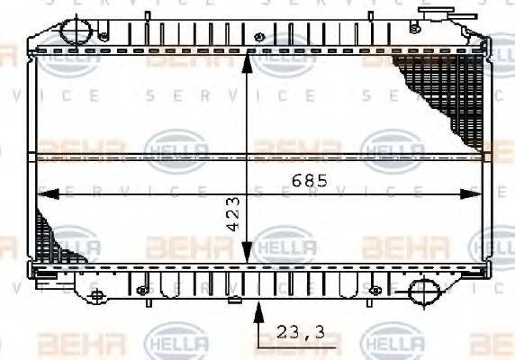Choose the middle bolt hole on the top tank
[260, 37]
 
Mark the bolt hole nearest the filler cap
[413, 29]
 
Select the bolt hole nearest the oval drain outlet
[375, 290]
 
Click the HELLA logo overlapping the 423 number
[284, 246]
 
